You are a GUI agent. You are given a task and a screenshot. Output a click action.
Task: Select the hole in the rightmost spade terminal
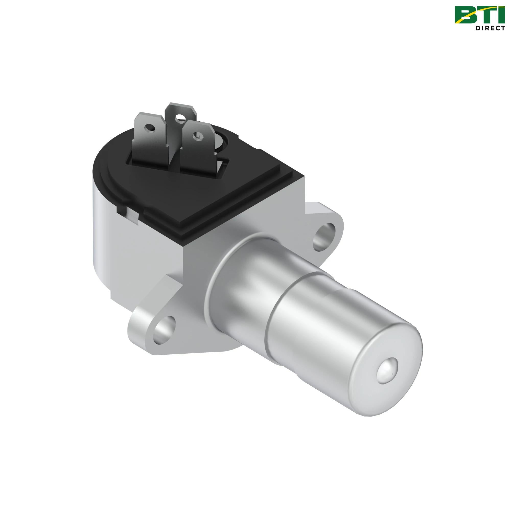coord(196,136)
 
